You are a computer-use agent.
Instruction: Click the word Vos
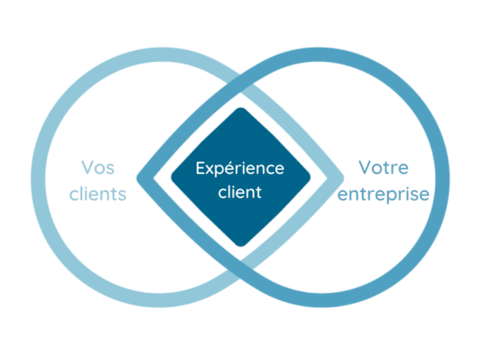[98, 167]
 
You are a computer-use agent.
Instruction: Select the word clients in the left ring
[98, 194]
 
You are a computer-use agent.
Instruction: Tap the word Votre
[383, 167]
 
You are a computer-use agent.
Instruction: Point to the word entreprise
[383, 195]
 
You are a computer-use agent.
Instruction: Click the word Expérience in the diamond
[240, 169]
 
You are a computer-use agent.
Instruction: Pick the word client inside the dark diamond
[240, 192]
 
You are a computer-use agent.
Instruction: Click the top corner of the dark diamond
[240, 108]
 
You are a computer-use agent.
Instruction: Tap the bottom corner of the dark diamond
[240, 246]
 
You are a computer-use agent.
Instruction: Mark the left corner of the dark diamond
[172, 177]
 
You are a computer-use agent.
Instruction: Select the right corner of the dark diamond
[310, 177]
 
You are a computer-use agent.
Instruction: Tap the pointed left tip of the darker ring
[137, 177]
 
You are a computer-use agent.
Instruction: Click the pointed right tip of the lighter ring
[343, 177]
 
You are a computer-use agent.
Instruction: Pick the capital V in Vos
[88, 167]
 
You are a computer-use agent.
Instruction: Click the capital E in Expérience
[200, 168]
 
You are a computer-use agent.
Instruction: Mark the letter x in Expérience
[212, 170]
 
